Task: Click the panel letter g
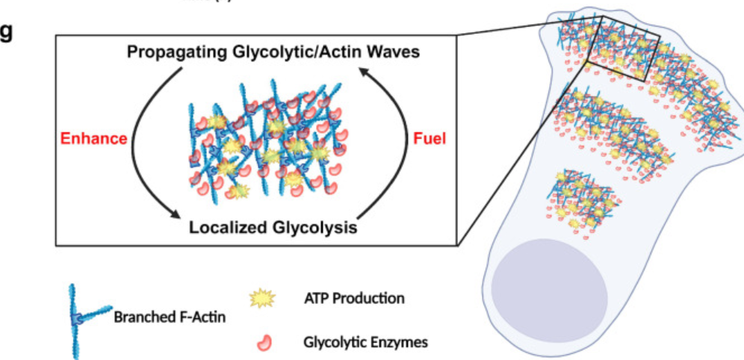pyautogui.click(x=7, y=34)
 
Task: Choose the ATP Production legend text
pyautogui.click(x=355, y=299)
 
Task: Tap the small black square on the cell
pyautogui.click(x=624, y=48)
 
